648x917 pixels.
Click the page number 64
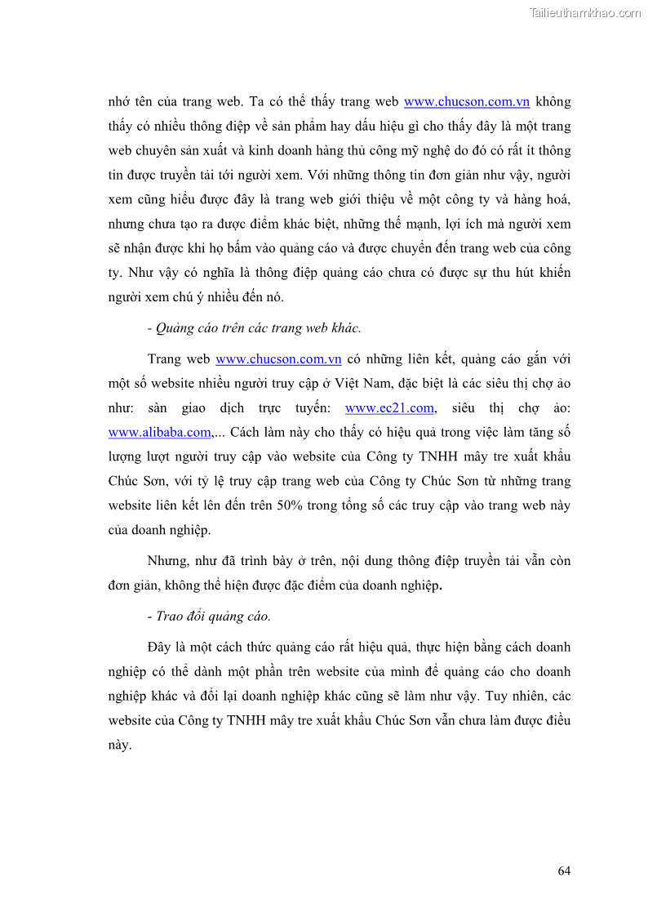[564, 871]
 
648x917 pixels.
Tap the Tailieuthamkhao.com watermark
[585, 12]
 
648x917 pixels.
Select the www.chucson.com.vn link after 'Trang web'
[278, 359]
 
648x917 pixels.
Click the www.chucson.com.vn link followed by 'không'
[467, 102]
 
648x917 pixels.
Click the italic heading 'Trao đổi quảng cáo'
[213, 616]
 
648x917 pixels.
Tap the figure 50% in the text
[290, 505]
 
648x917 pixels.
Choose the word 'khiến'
[553, 274]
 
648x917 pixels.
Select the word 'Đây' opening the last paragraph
[160, 648]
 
